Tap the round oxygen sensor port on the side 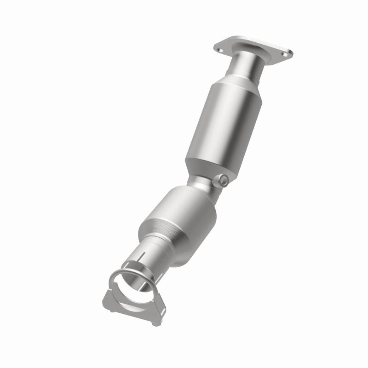pyautogui.click(x=223, y=180)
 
